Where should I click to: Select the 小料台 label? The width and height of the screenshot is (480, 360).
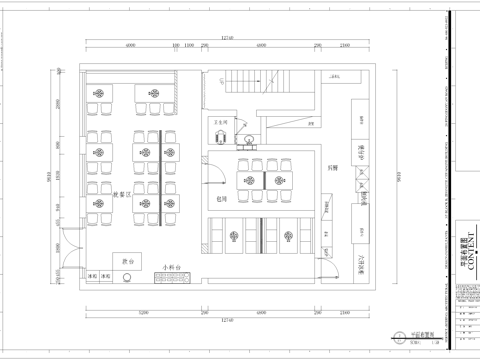pyautogui.click(x=171, y=267)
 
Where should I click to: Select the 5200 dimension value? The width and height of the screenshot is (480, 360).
pyautogui.click(x=143, y=312)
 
